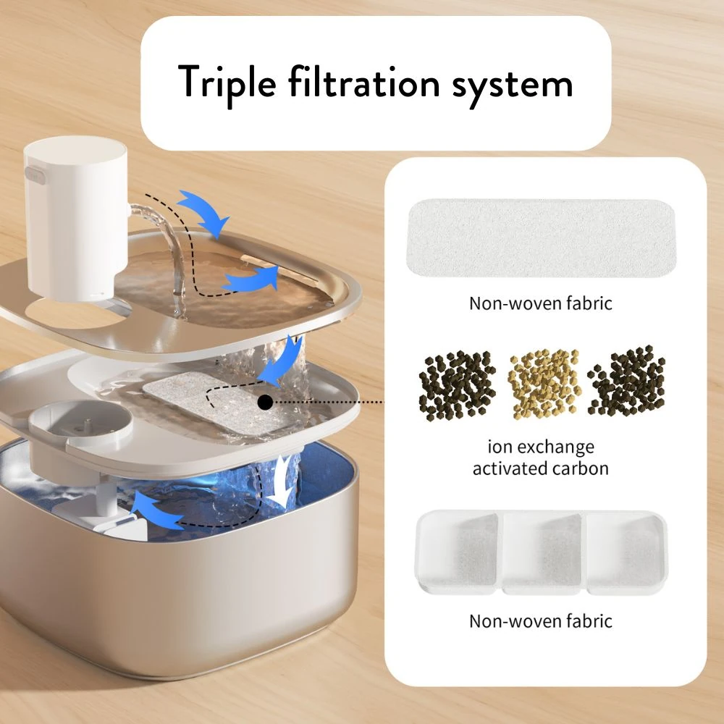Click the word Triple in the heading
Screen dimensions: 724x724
coord(227,83)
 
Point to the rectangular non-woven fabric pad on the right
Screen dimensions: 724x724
coord(541,238)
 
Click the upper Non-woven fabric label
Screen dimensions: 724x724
coord(541,303)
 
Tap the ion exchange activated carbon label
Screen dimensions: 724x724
coord(541,458)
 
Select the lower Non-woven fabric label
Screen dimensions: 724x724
coord(541,621)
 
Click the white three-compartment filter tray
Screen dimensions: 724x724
coord(541,552)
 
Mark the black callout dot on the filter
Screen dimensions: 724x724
coord(265,403)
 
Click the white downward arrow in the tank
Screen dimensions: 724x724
coord(282,480)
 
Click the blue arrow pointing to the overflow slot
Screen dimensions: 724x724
coord(253,279)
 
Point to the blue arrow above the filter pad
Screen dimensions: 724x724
coord(280,360)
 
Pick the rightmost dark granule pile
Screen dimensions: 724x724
coord(626,381)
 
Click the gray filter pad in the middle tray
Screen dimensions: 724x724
coord(217,401)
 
